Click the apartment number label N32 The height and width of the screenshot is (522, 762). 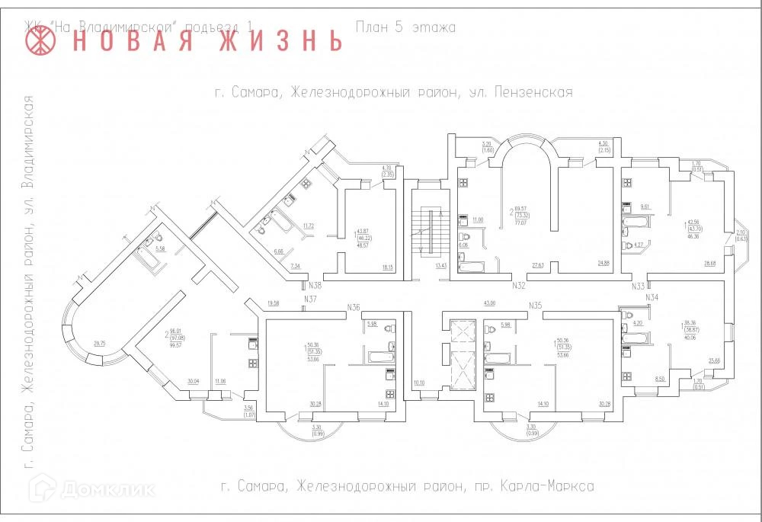pyautogui.click(x=519, y=286)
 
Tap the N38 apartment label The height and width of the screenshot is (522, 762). pyautogui.click(x=314, y=286)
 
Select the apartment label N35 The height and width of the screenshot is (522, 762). pyautogui.click(x=536, y=306)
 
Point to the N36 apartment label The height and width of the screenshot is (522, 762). pyautogui.click(x=353, y=306)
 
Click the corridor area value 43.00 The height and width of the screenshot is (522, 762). pyautogui.click(x=489, y=303)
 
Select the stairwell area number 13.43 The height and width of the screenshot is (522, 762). pyautogui.click(x=440, y=266)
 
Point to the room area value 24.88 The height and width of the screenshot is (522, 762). pyautogui.click(x=604, y=264)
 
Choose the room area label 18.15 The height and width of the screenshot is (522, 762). pyautogui.click(x=388, y=267)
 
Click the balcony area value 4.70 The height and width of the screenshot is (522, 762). pyautogui.click(x=386, y=168)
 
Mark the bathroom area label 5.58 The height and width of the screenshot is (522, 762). pyautogui.click(x=160, y=248)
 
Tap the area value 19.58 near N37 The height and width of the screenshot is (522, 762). pyautogui.click(x=274, y=303)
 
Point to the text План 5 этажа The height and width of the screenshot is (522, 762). pyautogui.click(x=405, y=28)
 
